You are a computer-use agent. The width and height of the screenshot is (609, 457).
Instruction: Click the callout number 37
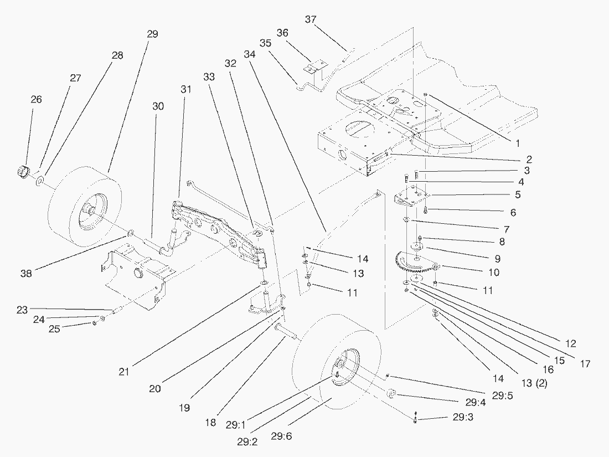311,19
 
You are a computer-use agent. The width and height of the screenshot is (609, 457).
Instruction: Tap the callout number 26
36,100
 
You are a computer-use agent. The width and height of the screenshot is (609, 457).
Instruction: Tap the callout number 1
517,143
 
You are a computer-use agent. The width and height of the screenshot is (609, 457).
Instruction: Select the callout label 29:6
282,436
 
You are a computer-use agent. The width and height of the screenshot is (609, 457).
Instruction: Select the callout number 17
585,364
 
